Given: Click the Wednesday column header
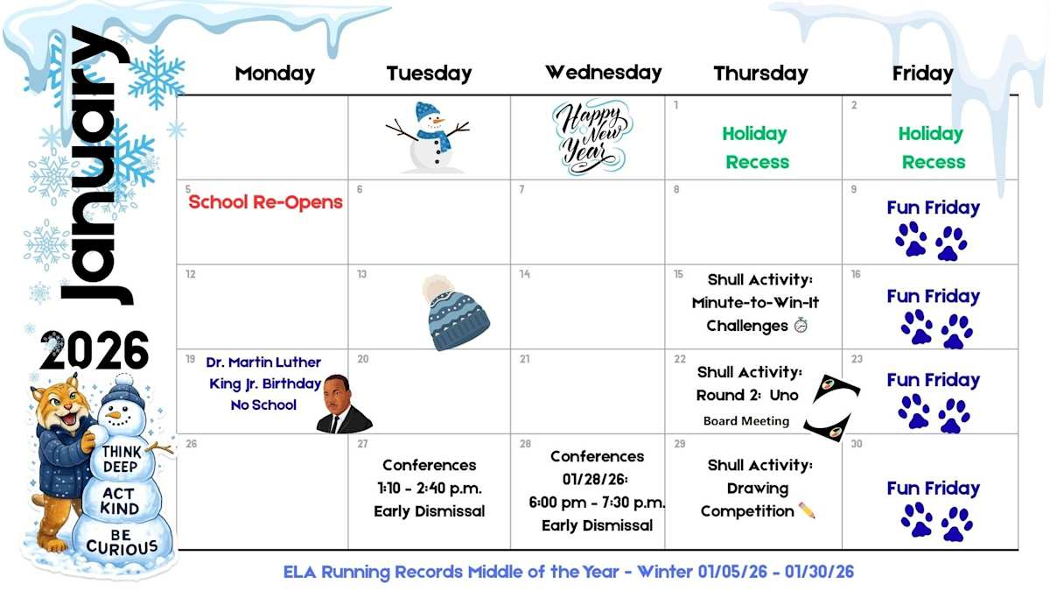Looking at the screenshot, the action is [603, 73].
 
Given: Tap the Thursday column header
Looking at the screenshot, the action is [760, 74].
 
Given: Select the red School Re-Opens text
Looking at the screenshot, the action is [265, 202].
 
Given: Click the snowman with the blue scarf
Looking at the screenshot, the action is [429, 137].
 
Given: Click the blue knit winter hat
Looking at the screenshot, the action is [455, 313].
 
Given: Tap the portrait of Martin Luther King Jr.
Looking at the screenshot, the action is [344, 405].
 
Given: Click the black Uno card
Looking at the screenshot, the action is [831, 408].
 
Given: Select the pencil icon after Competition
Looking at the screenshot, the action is [807, 510].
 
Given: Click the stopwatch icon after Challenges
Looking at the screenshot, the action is [801, 325].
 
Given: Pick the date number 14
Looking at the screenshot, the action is [524, 274].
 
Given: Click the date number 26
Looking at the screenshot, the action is [192, 444].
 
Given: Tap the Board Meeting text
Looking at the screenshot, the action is [746, 421].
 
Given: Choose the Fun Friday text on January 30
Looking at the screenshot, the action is [934, 489].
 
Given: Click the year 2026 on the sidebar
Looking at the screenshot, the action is [94, 350].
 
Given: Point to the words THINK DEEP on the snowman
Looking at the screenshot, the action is [122, 459].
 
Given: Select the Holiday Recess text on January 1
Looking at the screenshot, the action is [756, 148].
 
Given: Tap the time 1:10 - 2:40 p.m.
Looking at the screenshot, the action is [430, 489].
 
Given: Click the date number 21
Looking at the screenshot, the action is [524, 359].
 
